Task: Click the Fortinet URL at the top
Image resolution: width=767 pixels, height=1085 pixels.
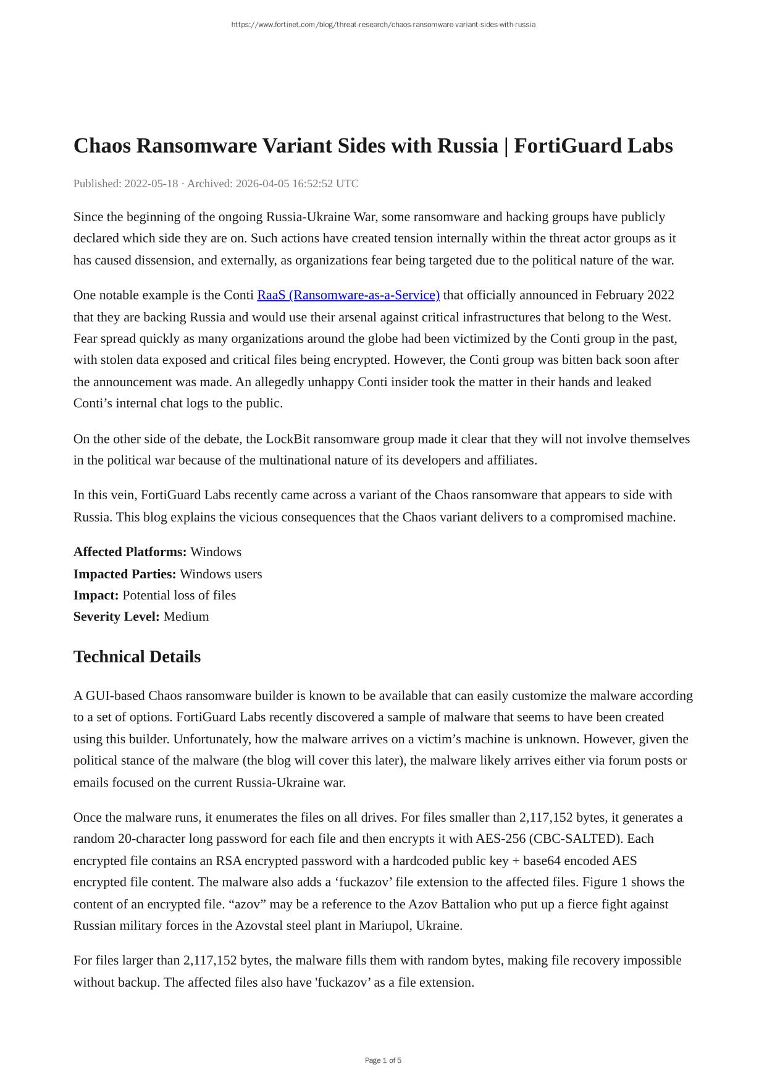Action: [x=383, y=25]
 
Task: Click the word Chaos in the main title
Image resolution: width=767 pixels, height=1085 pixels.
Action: [x=102, y=146]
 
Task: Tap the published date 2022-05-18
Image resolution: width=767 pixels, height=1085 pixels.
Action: [x=151, y=184]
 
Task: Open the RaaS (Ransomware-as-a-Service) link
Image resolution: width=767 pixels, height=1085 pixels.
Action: [x=348, y=295]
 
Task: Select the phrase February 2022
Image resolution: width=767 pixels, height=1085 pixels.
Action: [x=635, y=295]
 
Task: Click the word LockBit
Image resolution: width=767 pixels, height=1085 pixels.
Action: [x=288, y=439]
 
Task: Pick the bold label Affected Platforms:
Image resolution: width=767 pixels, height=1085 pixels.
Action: [x=130, y=552]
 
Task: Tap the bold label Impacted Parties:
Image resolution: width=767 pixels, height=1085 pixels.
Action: [x=125, y=574]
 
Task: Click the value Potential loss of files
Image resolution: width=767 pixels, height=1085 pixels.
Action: [x=179, y=596]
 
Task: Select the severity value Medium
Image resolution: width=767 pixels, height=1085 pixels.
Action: [x=186, y=617]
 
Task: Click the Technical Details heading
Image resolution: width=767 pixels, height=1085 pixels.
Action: [x=137, y=657]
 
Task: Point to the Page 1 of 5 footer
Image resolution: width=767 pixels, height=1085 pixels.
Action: [x=383, y=1061]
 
